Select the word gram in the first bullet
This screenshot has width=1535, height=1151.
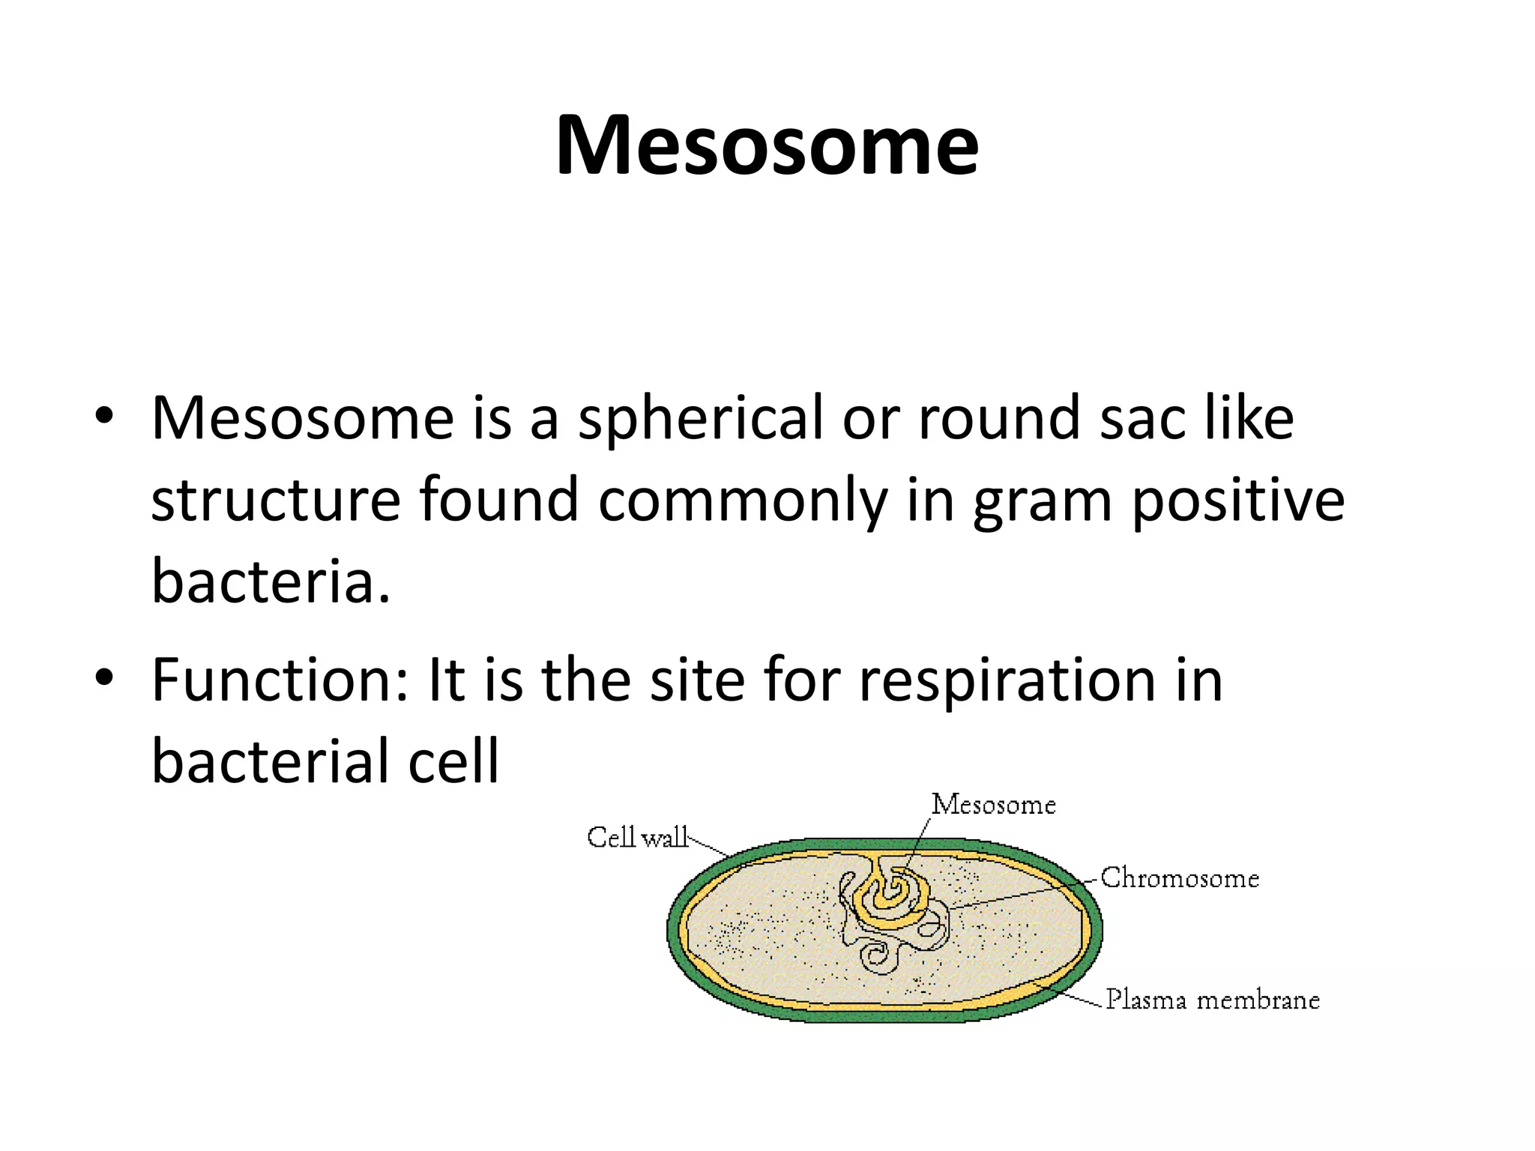(1042, 501)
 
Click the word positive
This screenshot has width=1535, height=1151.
(1237, 501)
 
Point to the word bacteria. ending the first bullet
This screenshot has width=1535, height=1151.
(271, 581)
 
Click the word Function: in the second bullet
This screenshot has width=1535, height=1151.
(280, 680)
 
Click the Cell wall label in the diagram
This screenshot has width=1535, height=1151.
(636, 837)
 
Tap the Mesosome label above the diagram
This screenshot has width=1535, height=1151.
(993, 804)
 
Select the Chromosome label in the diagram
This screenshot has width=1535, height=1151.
(1179, 877)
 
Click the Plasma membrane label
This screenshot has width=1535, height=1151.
(1212, 1000)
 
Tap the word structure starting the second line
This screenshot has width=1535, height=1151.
(276, 501)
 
